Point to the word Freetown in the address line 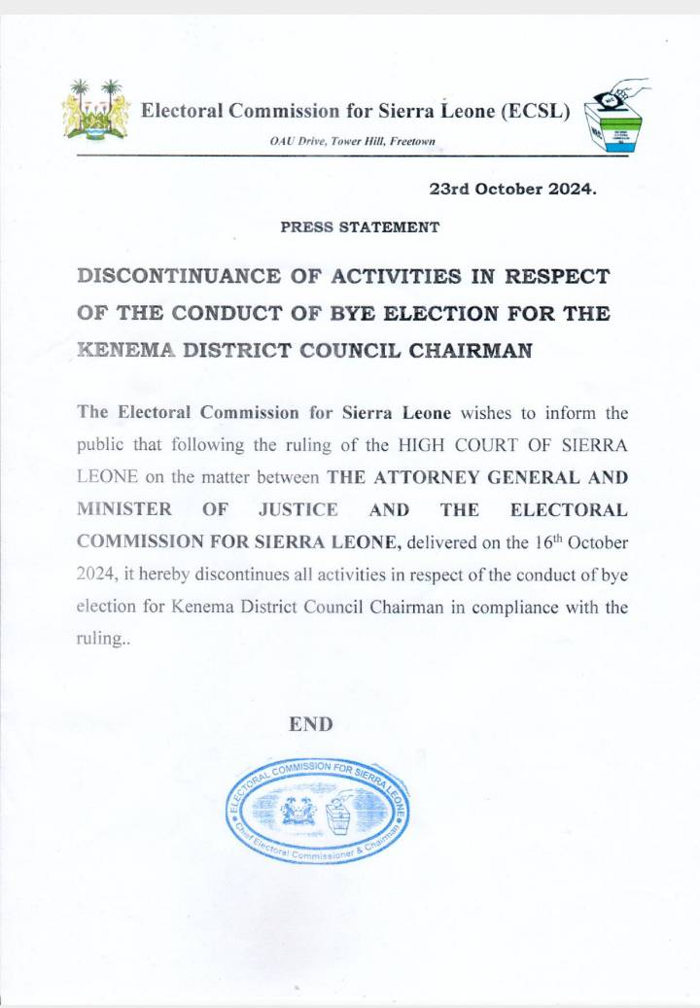click(411, 142)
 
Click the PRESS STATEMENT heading click(360, 226)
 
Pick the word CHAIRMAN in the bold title click(471, 352)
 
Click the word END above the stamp click(311, 724)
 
